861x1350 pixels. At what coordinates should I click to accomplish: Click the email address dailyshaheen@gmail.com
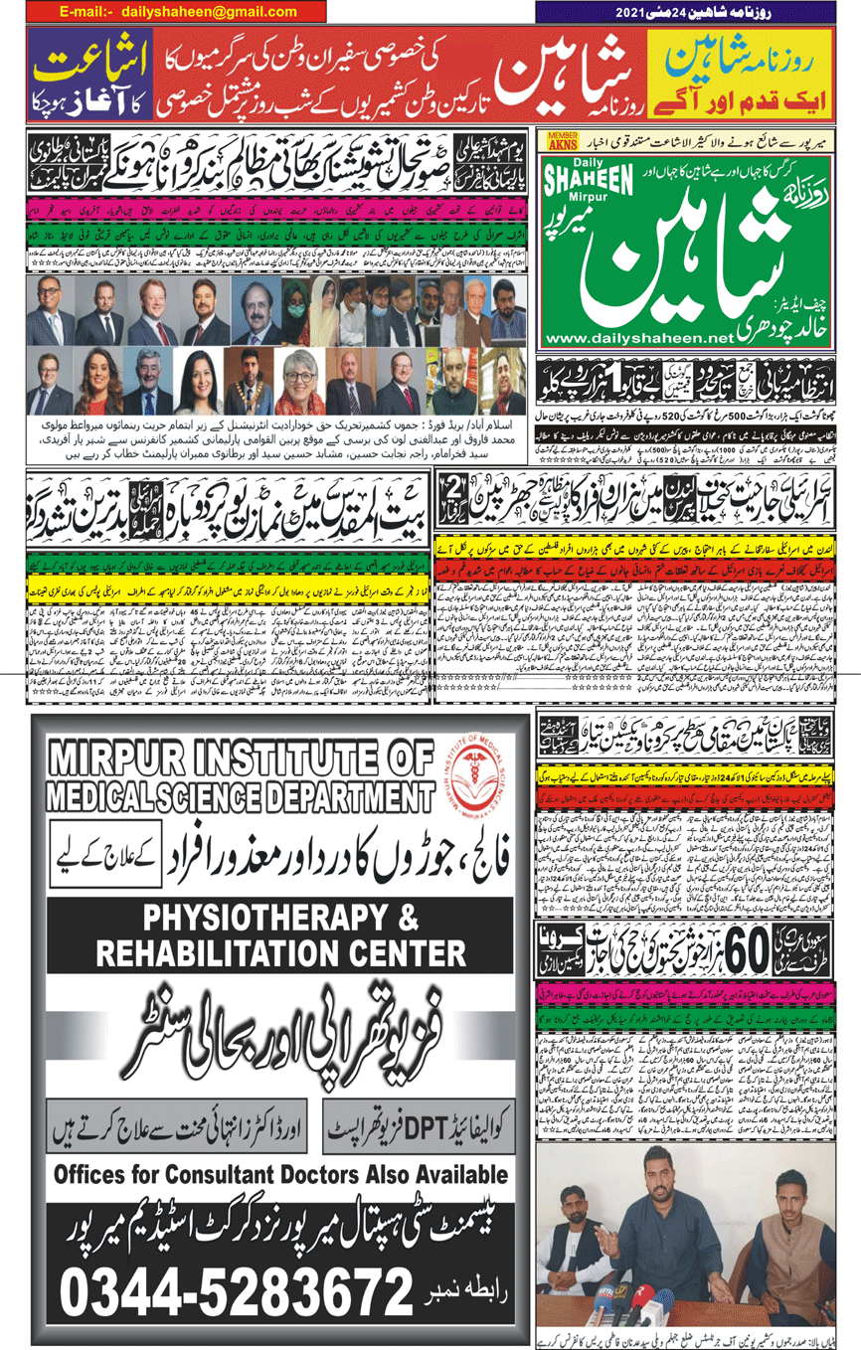209,12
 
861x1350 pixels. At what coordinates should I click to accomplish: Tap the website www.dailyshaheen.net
635,339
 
